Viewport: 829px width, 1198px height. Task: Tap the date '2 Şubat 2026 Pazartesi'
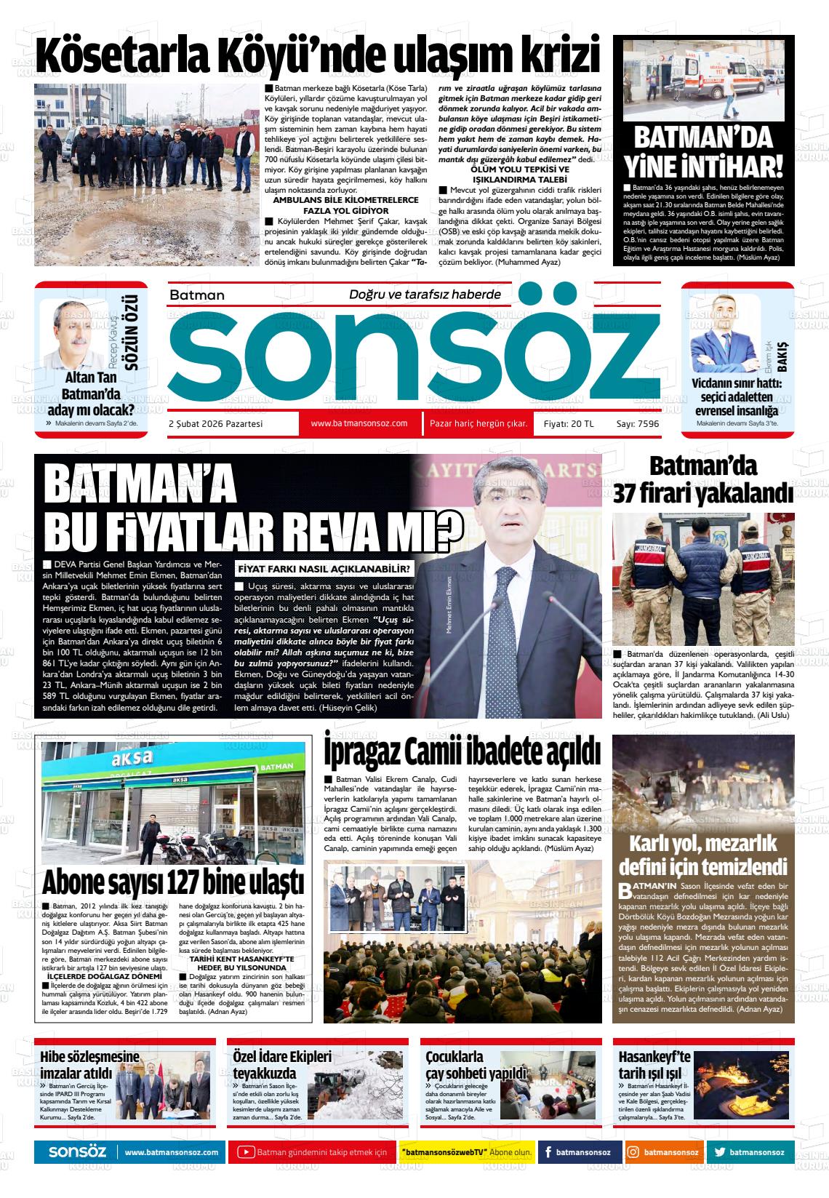[x=215, y=423]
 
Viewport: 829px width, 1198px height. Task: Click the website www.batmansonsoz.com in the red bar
[x=359, y=423]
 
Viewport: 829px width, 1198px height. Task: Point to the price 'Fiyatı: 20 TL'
[x=569, y=423]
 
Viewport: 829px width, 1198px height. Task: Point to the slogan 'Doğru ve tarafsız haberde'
[x=425, y=294]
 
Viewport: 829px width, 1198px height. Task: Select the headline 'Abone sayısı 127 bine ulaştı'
[x=172, y=882]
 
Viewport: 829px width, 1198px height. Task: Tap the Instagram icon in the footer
[x=633, y=1152]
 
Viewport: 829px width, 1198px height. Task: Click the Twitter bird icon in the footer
[x=719, y=1152]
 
